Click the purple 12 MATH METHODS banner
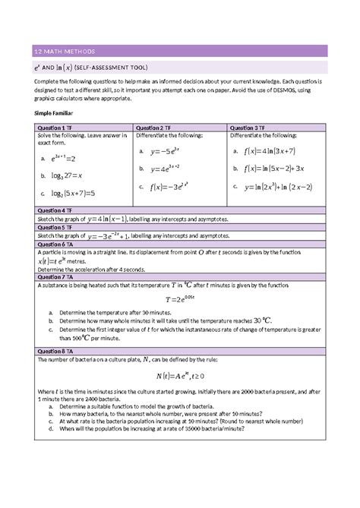(180, 51)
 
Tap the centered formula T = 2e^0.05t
(180, 299)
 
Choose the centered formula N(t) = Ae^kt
(181, 375)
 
